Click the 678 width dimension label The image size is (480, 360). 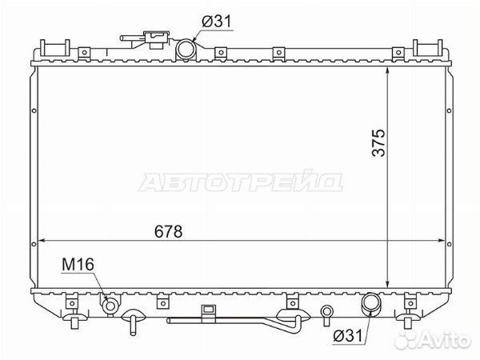tap(168, 231)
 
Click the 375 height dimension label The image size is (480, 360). tap(378, 142)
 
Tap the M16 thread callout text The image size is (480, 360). tap(78, 265)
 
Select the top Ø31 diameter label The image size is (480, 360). tap(217, 22)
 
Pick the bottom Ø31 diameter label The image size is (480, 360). tap(347, 336)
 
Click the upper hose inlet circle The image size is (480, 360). tap(186, 49)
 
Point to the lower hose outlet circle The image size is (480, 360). tap(371, 302)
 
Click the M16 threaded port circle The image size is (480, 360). tap(110, 306)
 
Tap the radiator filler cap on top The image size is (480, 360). tap(157, 39)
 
